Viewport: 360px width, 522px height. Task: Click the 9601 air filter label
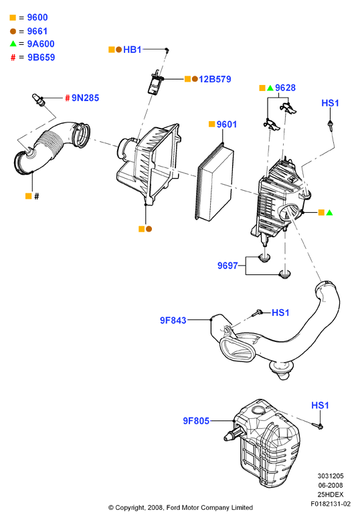point(227,124)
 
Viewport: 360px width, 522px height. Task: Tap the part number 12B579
point(215,79)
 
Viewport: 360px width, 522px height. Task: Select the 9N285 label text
point(85,98)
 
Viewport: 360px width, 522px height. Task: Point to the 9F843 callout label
point(173,321)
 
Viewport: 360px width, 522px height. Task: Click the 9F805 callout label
point(196,421)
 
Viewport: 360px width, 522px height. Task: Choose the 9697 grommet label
point(228,266)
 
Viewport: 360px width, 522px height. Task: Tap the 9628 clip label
point(286,88)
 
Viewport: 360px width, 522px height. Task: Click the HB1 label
point(132,50)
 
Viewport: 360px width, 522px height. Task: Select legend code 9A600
point(41,43)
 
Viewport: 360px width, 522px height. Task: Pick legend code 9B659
point(41,58)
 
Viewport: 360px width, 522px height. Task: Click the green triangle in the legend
point(13,43)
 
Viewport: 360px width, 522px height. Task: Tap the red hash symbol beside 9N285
point(68,98)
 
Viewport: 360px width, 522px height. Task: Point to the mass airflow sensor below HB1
point(155,82)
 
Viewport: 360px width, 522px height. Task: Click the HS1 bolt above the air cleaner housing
point(330,125)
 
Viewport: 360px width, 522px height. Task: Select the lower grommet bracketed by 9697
point(285,274)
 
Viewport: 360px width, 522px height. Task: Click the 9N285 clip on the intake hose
point(38,100)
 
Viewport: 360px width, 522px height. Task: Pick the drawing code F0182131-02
point(331,504)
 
